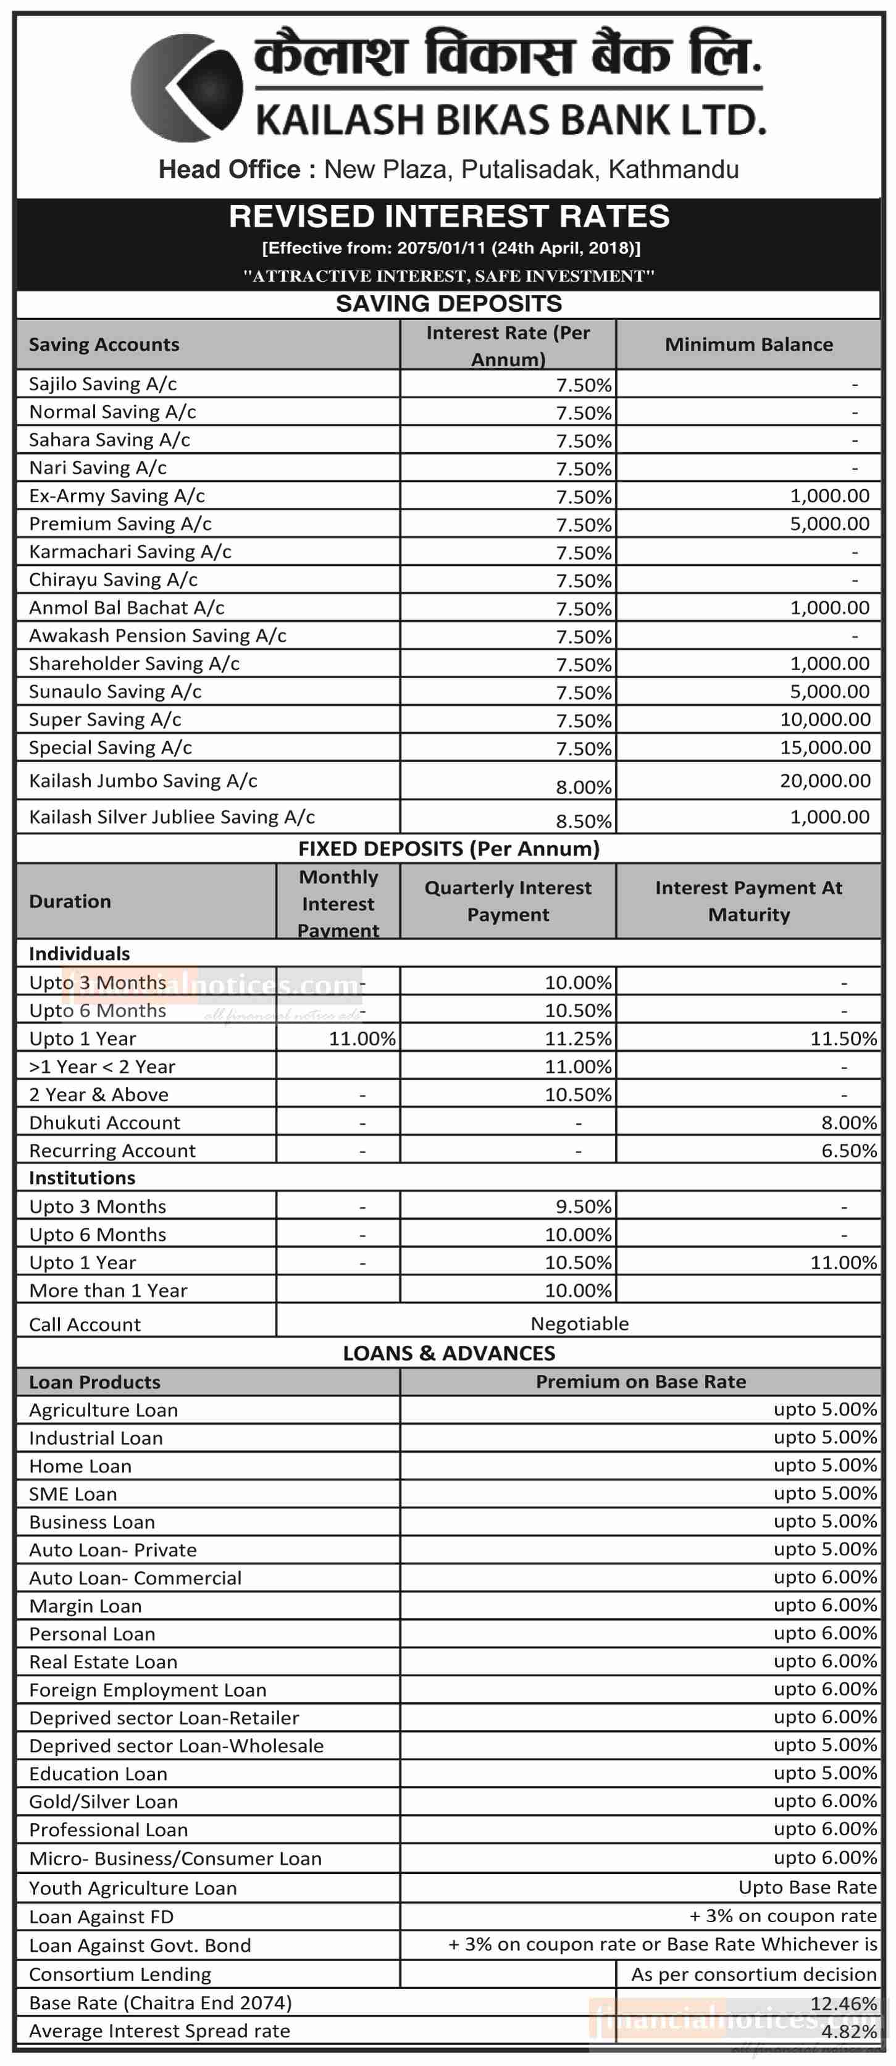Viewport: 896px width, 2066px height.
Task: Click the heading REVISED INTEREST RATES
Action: click(448, 217)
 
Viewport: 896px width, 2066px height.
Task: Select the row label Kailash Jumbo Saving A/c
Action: click(143, 780)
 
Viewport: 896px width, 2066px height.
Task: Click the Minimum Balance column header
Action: click(748, 344)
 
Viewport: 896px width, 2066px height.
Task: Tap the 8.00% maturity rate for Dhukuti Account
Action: click(848, 1123)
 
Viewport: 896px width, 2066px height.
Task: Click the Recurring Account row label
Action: click(112, 1151)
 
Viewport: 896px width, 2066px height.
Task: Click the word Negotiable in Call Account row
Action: click(579, 1324)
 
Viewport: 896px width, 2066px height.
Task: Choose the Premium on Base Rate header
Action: click(640, 1381)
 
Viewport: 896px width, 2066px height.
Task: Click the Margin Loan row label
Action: click(85, 1606)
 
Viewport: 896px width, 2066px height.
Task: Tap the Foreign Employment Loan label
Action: click(148, 1690)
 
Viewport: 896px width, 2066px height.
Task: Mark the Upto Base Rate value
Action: click(807, 1887)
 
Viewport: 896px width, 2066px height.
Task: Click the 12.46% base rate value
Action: click(844, 2002)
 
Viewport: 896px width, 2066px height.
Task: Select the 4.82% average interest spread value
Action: click(848, 2031)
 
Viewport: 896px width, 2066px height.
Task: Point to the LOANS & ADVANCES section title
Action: click(448, 1353)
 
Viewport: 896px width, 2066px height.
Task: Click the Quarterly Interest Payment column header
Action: click(508, 901)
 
